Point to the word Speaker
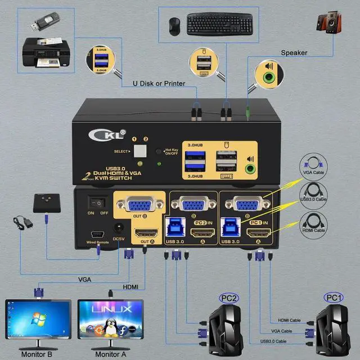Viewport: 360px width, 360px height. (x=294, y=53)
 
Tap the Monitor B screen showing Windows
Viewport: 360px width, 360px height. (x=38, y=321)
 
